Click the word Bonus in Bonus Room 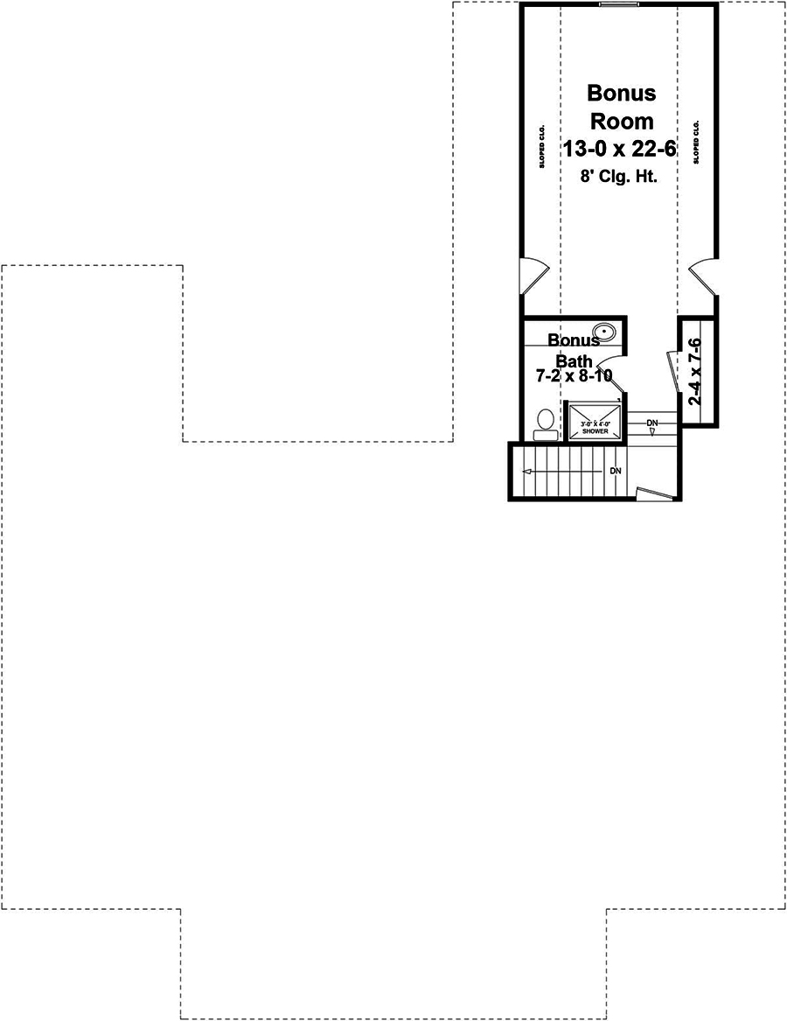point(621,93)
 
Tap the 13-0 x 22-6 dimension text point(619,149)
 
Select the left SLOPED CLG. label point(542,145)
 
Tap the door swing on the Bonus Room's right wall point(705,275)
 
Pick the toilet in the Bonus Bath point(545,423)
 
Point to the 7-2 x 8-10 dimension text point(573,376)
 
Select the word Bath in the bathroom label point(575,360)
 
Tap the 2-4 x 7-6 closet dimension point(696,371)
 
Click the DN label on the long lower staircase point(616,471)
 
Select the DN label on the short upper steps point(651,423)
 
